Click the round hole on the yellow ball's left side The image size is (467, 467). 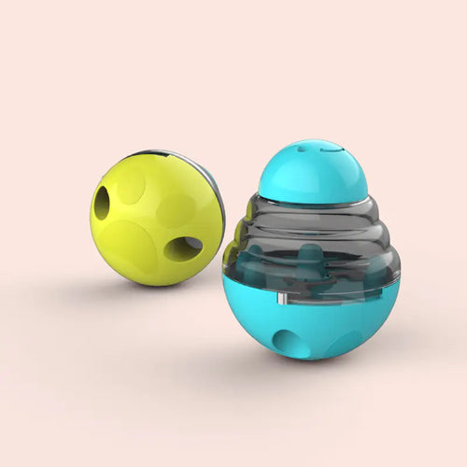pos(102,203)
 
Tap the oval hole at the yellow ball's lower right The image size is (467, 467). pos(183,248)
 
